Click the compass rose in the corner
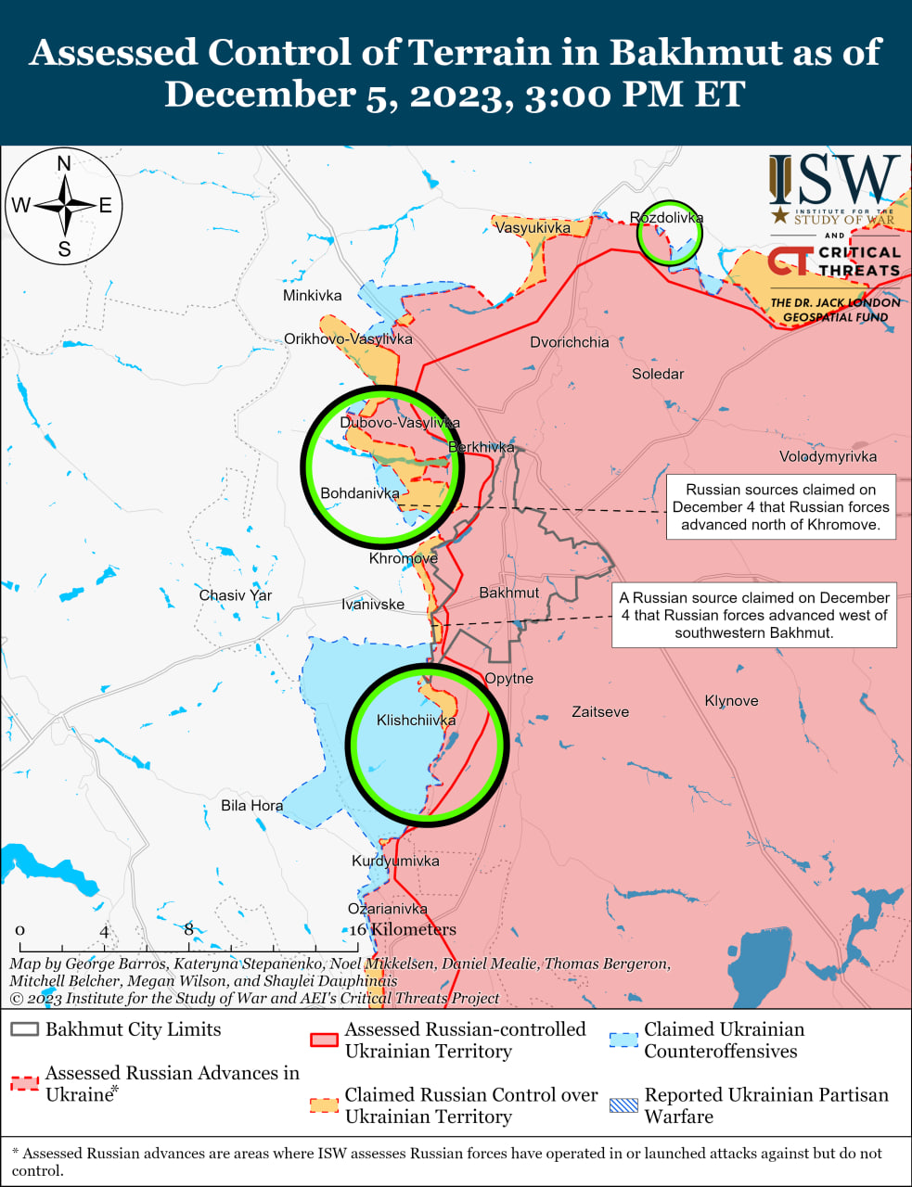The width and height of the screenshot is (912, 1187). click(x=64, y=205)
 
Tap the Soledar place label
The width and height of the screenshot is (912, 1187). click(x=658, y=374)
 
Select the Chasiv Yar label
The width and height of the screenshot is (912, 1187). click(x=236, y=595)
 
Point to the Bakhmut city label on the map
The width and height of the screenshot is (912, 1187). click(x=508, y=593)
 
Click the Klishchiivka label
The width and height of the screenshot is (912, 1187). click(x=416, y=721)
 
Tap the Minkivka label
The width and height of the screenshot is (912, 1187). click(x=312, y=296)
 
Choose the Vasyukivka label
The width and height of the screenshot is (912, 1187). click(x=533, y=227)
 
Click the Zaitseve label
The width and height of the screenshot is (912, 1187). click(x=600, y=712)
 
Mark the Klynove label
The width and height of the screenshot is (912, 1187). click(x=731, y=701)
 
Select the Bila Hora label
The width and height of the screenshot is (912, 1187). click(x=251, y=805)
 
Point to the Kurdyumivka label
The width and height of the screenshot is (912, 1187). click(x=395, y=861)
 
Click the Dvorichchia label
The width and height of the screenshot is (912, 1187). click(x=570, y=342)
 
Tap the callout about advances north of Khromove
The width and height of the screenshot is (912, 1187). click(x=780, y=507)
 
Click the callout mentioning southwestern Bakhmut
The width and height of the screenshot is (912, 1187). click(x=753, y=616)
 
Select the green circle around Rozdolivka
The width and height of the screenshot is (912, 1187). click(x=669, y=233)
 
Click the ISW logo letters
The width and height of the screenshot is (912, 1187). click(x=834, y=181)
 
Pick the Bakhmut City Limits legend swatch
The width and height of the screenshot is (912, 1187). click(x=25, y=1030)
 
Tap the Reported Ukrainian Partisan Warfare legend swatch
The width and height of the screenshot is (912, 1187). click(x=623, y=1105)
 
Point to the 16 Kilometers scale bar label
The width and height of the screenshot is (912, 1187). click(x=404, y=930)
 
